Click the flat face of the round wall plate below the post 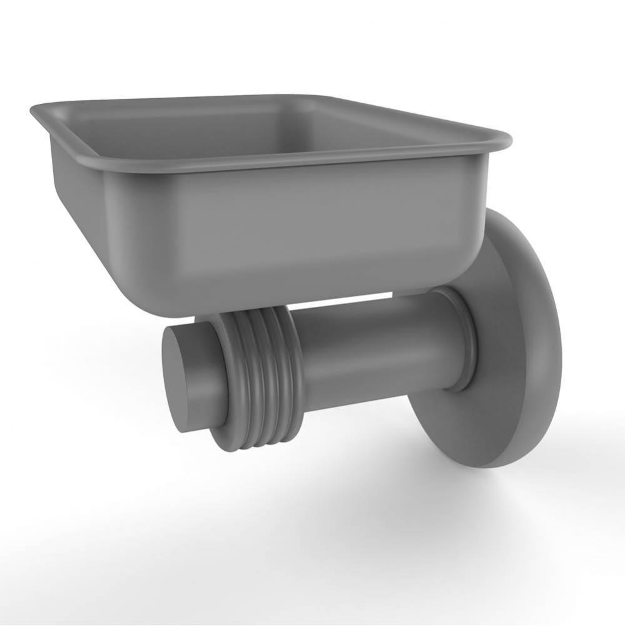click(494, 413)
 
